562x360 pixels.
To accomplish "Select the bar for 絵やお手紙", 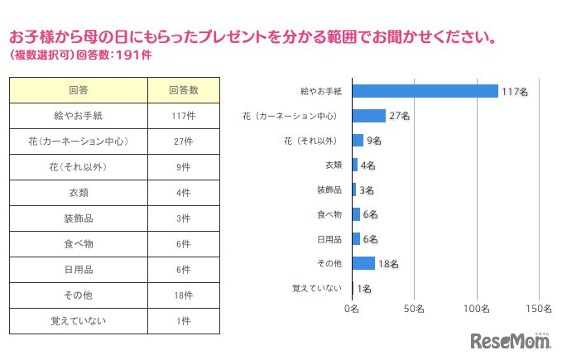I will point(425,91).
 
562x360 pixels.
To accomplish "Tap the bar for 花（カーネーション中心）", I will point(369,116).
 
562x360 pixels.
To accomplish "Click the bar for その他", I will point(363,263).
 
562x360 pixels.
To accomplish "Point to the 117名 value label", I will point(513,92).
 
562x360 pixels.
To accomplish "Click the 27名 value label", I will point(400,116).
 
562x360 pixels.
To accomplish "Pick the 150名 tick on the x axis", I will point(540,308).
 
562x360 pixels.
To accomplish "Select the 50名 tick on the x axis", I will point(415,308).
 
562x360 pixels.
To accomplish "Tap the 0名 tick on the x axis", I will point(351,308).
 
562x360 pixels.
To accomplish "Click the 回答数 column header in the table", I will point(184,89).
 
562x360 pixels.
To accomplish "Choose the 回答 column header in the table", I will point(79,89).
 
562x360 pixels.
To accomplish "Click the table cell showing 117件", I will point(184,115).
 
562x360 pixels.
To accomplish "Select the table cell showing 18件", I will point(184,295).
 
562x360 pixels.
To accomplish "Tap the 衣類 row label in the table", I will point(79,192).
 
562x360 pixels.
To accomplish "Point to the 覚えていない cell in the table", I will point(79,320).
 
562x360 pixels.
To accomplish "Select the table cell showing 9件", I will point(184,166).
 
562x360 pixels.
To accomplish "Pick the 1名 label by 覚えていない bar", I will point(364,289).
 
